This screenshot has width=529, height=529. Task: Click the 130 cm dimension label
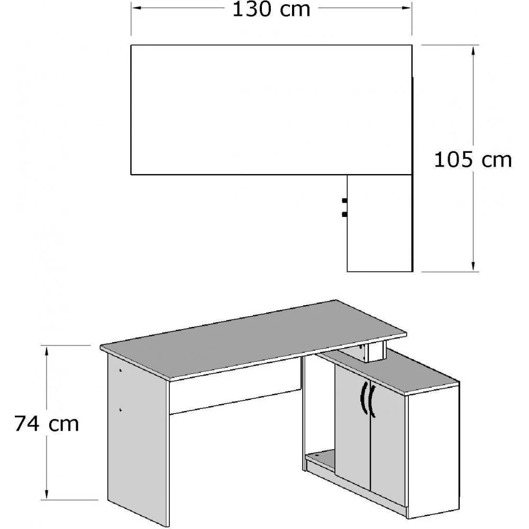(271, 10)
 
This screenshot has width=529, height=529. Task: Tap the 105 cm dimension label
(473, 159)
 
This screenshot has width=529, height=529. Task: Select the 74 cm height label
(47, 423)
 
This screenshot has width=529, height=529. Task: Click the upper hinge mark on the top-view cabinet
(344, 200)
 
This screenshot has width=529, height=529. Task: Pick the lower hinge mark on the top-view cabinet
(344, 214)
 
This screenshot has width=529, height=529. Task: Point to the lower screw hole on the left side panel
(121, 409)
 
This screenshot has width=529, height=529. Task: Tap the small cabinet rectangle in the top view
(379, 223)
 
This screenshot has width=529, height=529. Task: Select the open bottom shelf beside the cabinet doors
(321, 458)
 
